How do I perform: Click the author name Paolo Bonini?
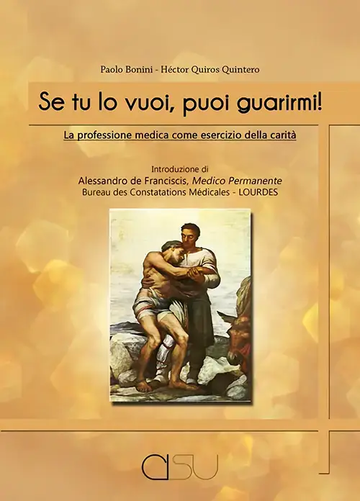pyautogui.click(x=126, y=70)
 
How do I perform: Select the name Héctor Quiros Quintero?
pyautogui.click(x=210, y=70)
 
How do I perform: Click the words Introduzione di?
pyautogui.click(x=180, y=168)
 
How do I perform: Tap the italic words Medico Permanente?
pyautogui.click(x=236, y=181)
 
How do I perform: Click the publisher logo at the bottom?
pyautogui.click(x=180, y=466)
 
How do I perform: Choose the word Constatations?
pyautogui.click(x=166, y=193)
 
